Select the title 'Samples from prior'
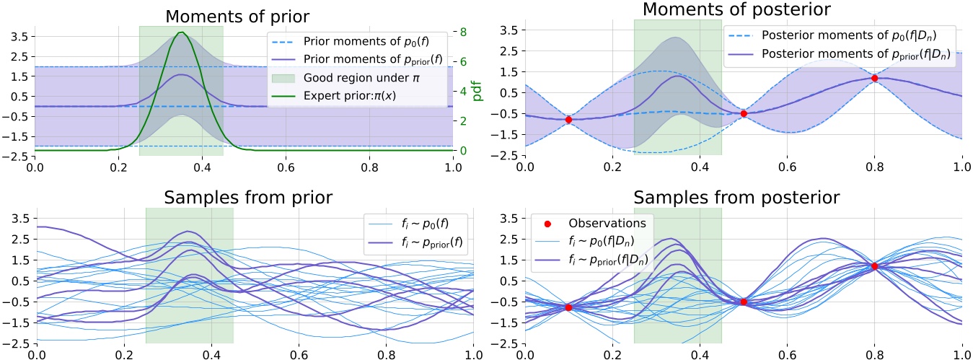pos(244,199)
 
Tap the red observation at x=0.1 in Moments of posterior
pos(568,120)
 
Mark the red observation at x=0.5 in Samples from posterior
pos(743,302)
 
